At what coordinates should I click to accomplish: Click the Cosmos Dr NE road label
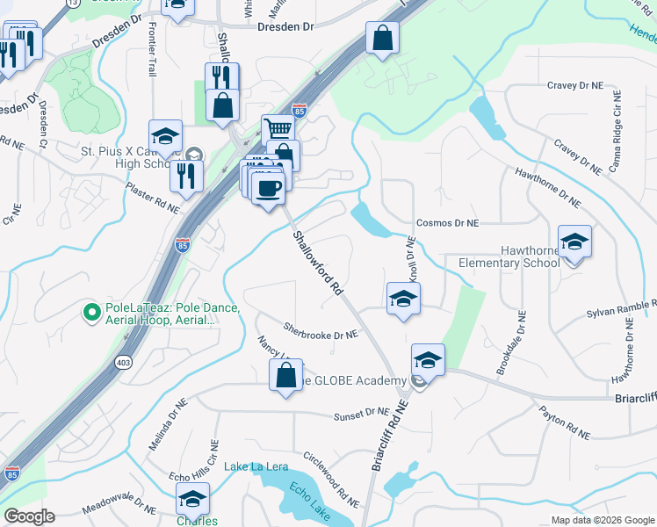pos(447,224)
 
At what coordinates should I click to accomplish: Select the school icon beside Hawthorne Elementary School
pos(574,242)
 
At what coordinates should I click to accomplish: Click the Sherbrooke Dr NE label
pos(321,332)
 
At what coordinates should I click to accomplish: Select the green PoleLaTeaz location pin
pos(91,311)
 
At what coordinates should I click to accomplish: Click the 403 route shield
pos(122,361)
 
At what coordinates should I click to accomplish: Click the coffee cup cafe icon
pos(268,186)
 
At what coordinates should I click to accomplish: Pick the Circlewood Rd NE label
pos(331,480)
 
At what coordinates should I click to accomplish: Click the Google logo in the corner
pos(29,516)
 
